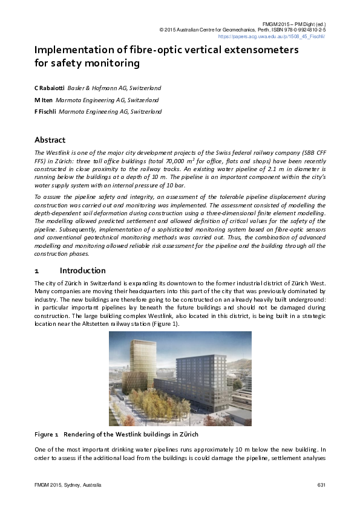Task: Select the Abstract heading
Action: (x=50, y=140)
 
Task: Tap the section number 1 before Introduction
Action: (x=37, y=270)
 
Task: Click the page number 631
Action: (x=321, y=485)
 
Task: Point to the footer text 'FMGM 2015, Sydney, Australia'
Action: (x=68, y=485)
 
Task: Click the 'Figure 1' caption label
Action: (x=46, y=435)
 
